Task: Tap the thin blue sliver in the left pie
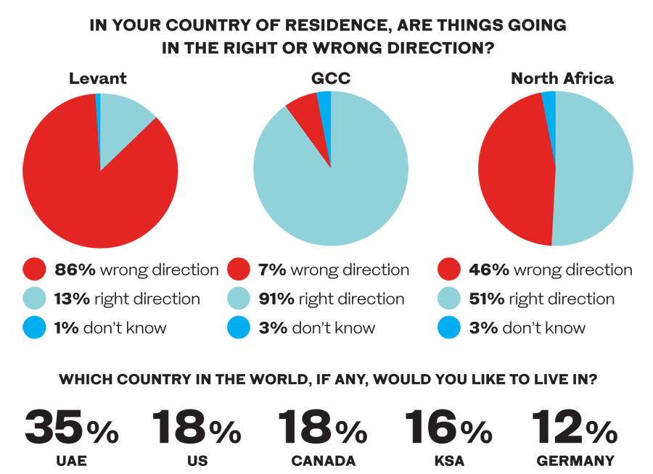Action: (98, 109)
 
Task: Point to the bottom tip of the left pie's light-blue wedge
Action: (100, 171)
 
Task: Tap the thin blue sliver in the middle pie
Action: (327, 109)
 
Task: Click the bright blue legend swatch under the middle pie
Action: (232, 330)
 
